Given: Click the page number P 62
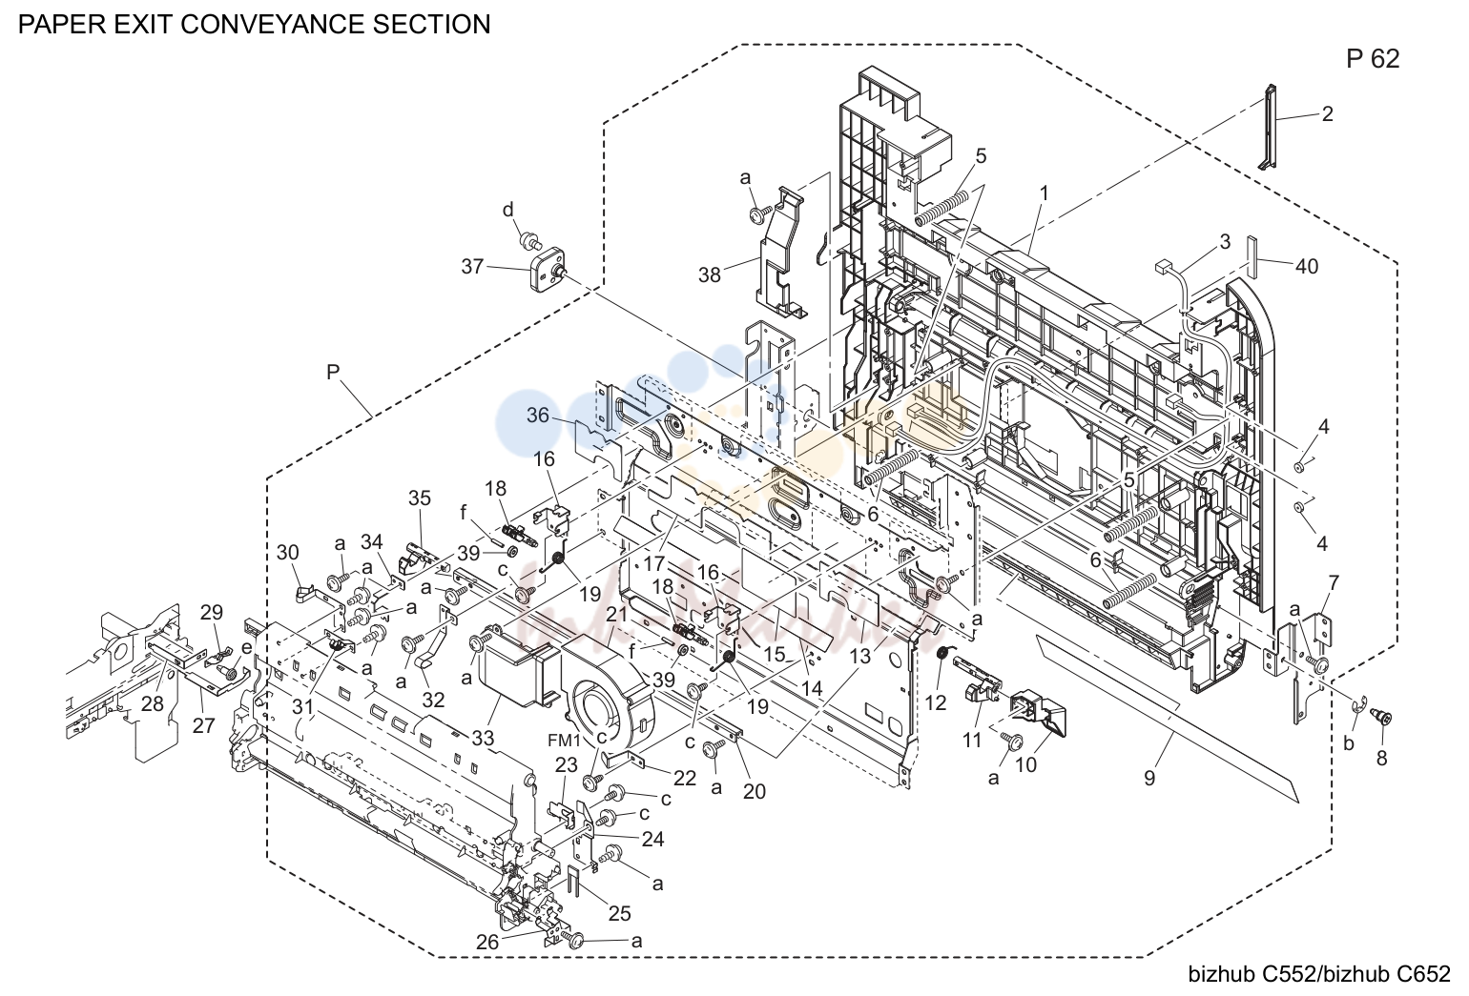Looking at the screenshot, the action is tap(1373, 59).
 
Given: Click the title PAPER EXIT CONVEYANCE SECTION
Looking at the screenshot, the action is tap(254, 24).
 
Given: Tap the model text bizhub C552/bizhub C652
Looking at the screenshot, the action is tap(1319, 974).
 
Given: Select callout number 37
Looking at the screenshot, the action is tap(472, 267).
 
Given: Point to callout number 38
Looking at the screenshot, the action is tap(710, 275).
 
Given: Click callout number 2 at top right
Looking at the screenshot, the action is tap(1328, 114).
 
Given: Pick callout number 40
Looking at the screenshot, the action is tap(1307, 267).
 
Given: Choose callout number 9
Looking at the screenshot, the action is tap(1148, 778).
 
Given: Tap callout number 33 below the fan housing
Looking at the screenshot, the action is tap(483, 739).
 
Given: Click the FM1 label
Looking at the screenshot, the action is tap(565, 741).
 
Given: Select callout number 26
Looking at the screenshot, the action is tap(487, 943).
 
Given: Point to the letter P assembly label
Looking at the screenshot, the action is tap(333, 372).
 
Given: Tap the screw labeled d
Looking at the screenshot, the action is tap(528, 241).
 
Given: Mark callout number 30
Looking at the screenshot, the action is tap(288, 553).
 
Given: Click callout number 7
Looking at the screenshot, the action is tap(1334, 581).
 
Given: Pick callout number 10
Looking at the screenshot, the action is tap(1025, 764).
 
